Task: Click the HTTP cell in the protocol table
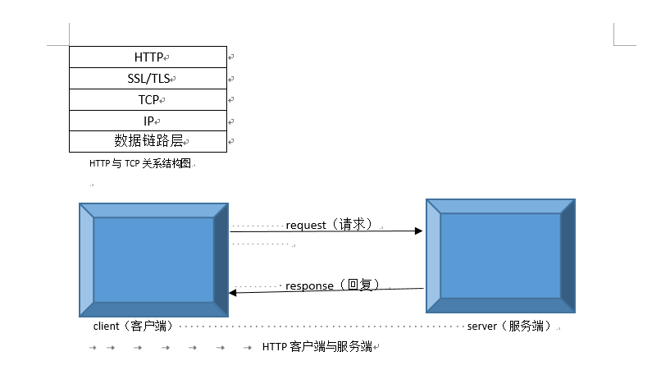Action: pos(148,57)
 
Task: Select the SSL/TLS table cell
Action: pos(148,79)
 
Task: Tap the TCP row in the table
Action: pos(148,99)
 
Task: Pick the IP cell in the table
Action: pos(148,121)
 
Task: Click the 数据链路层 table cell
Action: pos(148,141)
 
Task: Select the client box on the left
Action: pos(153,260)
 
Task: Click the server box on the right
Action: pos(500,255)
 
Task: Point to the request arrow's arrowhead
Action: pos(418,231)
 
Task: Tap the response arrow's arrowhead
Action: pos(234,292)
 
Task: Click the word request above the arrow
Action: pos(306,224)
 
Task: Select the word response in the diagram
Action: pos(309,285)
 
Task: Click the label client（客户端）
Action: pos(132,326)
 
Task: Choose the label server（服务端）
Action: pos(509,326)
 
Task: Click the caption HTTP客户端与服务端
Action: pos(317,347)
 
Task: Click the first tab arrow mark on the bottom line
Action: pos(93,348)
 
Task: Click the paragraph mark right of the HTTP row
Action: pos(231,57)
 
